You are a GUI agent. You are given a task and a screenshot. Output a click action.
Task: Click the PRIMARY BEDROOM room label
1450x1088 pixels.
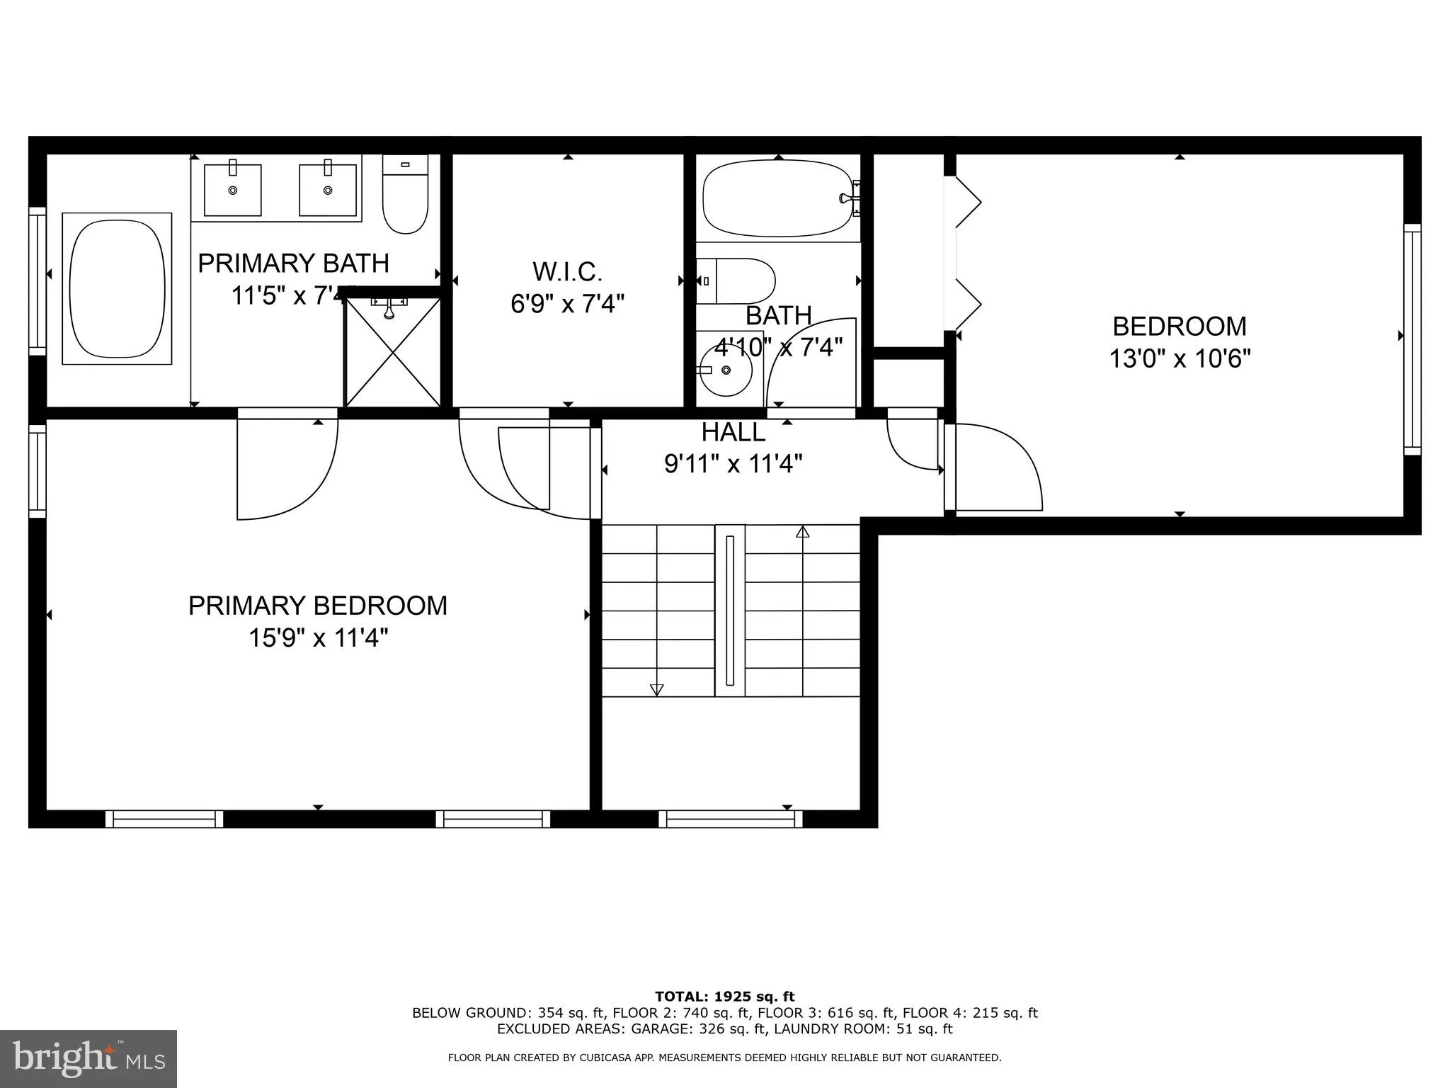318,606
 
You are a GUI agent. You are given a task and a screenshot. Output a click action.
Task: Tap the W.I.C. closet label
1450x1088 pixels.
567,271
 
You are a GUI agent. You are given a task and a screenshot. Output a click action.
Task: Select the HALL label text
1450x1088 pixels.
733,432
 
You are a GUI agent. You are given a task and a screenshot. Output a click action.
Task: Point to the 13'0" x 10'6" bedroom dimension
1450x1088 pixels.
1180,358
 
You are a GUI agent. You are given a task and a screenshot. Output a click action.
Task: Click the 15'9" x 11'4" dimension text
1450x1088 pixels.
318,638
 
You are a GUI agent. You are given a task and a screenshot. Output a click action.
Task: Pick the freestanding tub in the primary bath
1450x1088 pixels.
118,288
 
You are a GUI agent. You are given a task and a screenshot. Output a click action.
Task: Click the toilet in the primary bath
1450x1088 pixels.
405,195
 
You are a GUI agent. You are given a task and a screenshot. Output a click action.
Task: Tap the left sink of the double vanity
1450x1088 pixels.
232,190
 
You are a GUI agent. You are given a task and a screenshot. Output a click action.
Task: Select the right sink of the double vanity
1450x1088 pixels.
328,190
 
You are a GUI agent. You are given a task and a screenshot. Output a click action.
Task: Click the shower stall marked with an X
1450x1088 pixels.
392,353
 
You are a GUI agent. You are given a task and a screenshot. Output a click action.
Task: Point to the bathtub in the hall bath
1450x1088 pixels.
777,198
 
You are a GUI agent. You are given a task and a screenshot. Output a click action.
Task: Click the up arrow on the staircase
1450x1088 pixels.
802,532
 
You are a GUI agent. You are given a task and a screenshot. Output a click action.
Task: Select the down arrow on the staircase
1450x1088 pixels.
656,689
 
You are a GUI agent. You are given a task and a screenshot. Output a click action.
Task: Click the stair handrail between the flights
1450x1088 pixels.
730,611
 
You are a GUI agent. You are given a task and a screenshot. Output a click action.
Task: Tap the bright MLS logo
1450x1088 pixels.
89,1059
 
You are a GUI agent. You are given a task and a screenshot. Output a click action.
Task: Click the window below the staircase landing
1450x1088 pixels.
730,819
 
